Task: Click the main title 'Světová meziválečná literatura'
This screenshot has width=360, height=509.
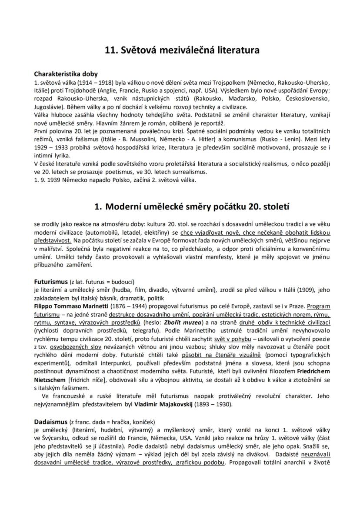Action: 182,50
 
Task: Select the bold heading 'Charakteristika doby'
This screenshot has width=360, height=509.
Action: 66,74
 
